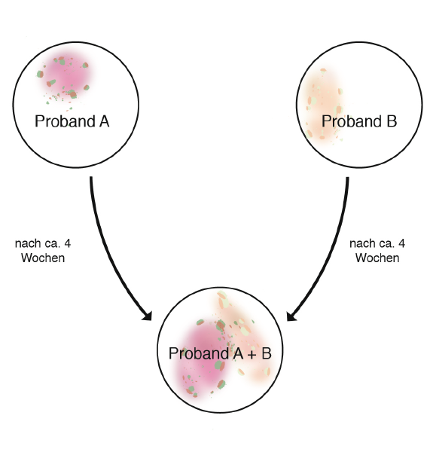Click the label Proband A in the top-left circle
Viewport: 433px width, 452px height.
(72, 121)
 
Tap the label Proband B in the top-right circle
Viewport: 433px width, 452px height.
(359, 121)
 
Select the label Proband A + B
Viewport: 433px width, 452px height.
(220, 353)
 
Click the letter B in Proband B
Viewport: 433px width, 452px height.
(392, 121)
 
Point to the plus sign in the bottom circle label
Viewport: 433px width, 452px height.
(252, 355)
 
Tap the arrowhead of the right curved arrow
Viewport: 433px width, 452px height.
(291, 316)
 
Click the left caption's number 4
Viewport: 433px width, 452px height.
(68, 243)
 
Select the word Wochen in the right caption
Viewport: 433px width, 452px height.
(377, 258)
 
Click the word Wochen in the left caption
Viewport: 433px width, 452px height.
(43, 258)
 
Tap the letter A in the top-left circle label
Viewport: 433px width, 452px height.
(104, 121)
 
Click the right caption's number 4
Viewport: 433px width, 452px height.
(401, 243)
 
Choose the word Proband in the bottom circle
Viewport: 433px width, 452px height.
(200, 353)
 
